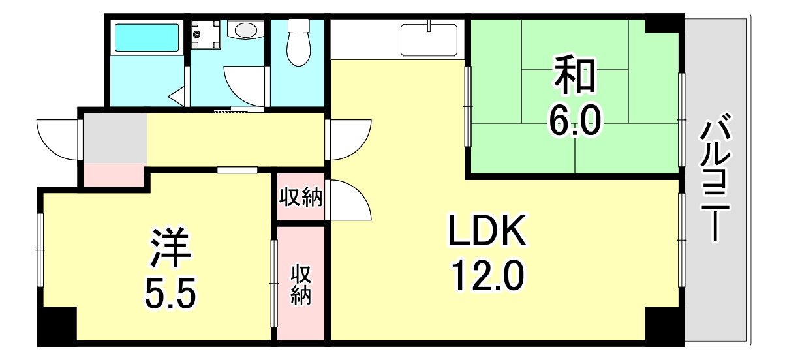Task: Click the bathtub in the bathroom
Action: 147,37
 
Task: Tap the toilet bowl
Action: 299,43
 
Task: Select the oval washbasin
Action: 245,30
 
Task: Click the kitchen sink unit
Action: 429,40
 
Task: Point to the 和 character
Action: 574,76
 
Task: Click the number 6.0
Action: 575,121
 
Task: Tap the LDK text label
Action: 487,230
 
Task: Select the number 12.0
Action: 487,277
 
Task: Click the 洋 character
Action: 170,248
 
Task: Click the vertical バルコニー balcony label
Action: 715,177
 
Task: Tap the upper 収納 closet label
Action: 301,198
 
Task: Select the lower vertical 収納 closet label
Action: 301,285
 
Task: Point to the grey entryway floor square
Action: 115,138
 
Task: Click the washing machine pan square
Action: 206,34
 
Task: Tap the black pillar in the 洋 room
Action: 57,324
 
